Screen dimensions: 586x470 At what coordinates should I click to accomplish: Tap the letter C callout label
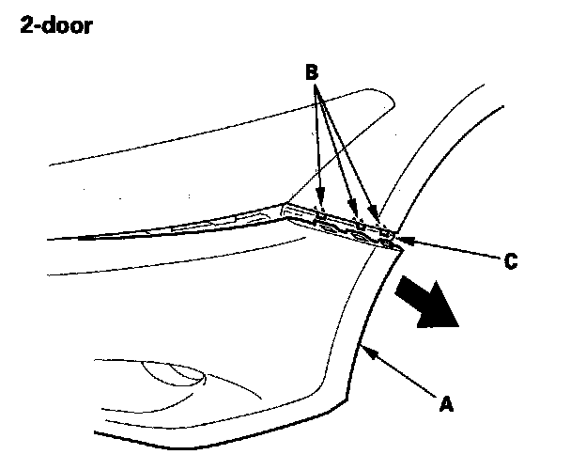click(509, 261)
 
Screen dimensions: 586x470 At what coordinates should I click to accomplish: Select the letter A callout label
click(446, 405)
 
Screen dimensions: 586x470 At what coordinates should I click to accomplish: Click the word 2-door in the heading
click(56, 26)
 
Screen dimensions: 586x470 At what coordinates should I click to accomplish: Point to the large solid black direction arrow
click(426, 304)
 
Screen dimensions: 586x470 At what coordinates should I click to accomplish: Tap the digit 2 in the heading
click(25, 26)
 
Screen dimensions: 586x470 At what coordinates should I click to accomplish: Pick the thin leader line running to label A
click(404, 375)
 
